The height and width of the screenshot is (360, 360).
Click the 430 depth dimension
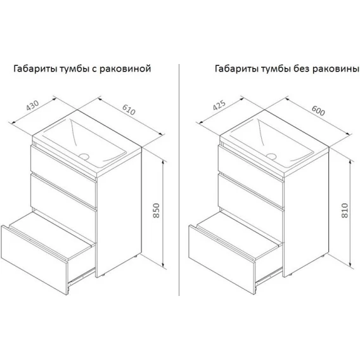pyautogui.click(x=32, y=105)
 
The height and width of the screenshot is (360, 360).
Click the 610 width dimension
pyautogui.click(x=129, y=109)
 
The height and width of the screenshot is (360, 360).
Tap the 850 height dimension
pyautogui.click(x=156, y=210)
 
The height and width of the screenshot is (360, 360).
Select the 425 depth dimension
pyautogui.click(x=219, y=105)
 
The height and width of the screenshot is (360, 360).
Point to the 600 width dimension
pyautogui.click(x=318, y=110)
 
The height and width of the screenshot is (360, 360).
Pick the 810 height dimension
pyautogui.click(x=345, y=210)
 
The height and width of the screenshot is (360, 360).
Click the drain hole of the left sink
pyautogui.click(x=84, y=156)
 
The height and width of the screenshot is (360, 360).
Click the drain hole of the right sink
pyautogui.click(x=271, y=156)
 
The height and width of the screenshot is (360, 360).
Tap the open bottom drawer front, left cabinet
pyautogui.click(x=34, y=260)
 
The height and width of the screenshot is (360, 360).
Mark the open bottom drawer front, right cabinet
pyautogui.click(x=222, y=260)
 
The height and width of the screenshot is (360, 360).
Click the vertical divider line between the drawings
pyautogui.click(x=179, y=180)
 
